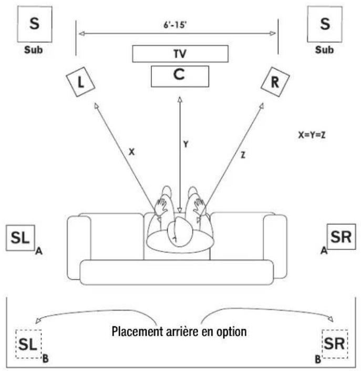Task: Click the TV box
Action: (180, 54)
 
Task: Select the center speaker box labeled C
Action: (180, 76)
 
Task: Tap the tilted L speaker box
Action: (80, 82)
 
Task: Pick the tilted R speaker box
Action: (275, 82)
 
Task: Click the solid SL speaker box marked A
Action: (20, 238)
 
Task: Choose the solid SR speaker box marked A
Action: (342, 237)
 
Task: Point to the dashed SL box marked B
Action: (29, 344)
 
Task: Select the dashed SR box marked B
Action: (335, 344)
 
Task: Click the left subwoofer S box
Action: (35, 24)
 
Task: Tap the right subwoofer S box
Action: (325, 24)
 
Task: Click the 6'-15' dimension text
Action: (175, 25)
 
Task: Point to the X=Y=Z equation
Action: (312, 135)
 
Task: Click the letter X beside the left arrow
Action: (132, 152)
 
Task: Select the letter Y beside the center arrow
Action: (185, 144)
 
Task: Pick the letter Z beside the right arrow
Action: (243, 155)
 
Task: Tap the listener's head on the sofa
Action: (179, 232)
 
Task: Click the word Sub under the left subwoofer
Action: (34, 50)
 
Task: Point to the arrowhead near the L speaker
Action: (96, 105)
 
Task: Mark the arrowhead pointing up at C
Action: (180, 99)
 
